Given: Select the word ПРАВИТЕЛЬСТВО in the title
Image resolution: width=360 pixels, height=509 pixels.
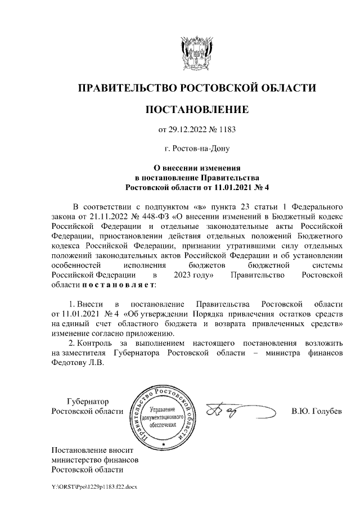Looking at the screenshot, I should (x=127, y=88).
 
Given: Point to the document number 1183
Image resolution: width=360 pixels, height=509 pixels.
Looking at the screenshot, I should (x=225, y=130).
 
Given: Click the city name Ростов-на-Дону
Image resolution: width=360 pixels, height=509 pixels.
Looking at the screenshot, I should (x=197, y=149).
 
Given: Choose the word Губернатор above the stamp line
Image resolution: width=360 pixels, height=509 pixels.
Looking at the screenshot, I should (x=87, y=401).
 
